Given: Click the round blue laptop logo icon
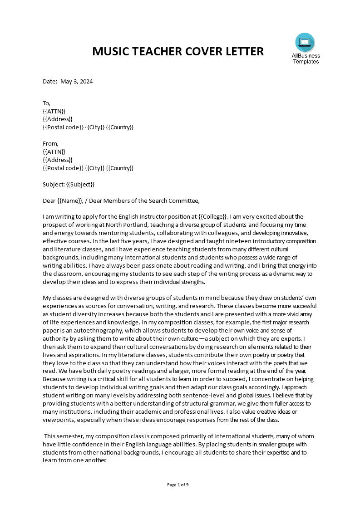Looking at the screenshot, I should click(x=305, y=42).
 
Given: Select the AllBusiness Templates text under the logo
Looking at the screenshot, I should click(x=306, y=59).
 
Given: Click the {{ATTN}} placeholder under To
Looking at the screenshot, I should click(x=54, y=111).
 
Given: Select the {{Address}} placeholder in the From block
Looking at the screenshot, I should click(x=58, y=160).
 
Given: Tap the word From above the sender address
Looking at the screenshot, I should click(x=50, y=143).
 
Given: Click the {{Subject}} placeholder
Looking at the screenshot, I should click(x=80, y=184).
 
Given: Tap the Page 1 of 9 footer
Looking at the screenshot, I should click(x=178, y=485).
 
